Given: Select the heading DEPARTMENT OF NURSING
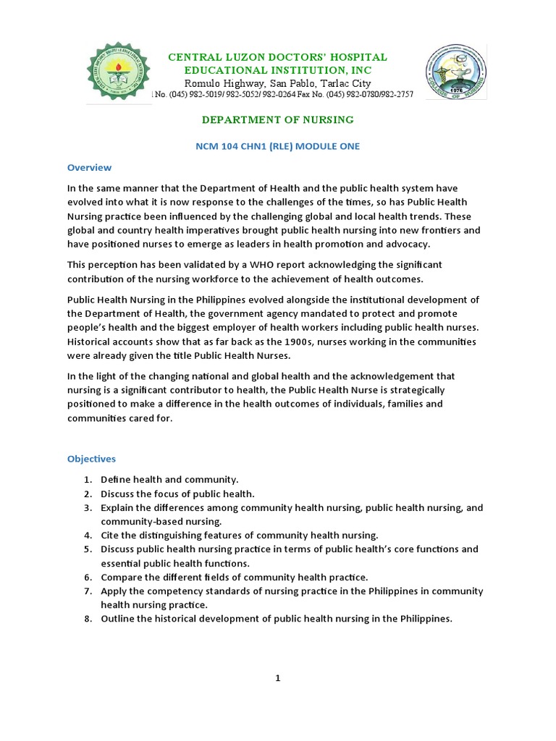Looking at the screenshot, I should point(277,119).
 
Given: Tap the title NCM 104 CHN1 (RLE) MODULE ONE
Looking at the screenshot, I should point(277,146).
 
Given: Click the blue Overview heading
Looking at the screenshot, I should point(89,167).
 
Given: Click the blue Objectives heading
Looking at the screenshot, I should point(91,459).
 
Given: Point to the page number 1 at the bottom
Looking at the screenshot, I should point(277,678).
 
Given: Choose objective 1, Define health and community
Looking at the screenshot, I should point(169,479).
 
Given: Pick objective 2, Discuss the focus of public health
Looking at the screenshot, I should point(177,494).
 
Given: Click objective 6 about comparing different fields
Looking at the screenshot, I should point(234,577).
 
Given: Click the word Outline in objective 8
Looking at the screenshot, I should point(117,619).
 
